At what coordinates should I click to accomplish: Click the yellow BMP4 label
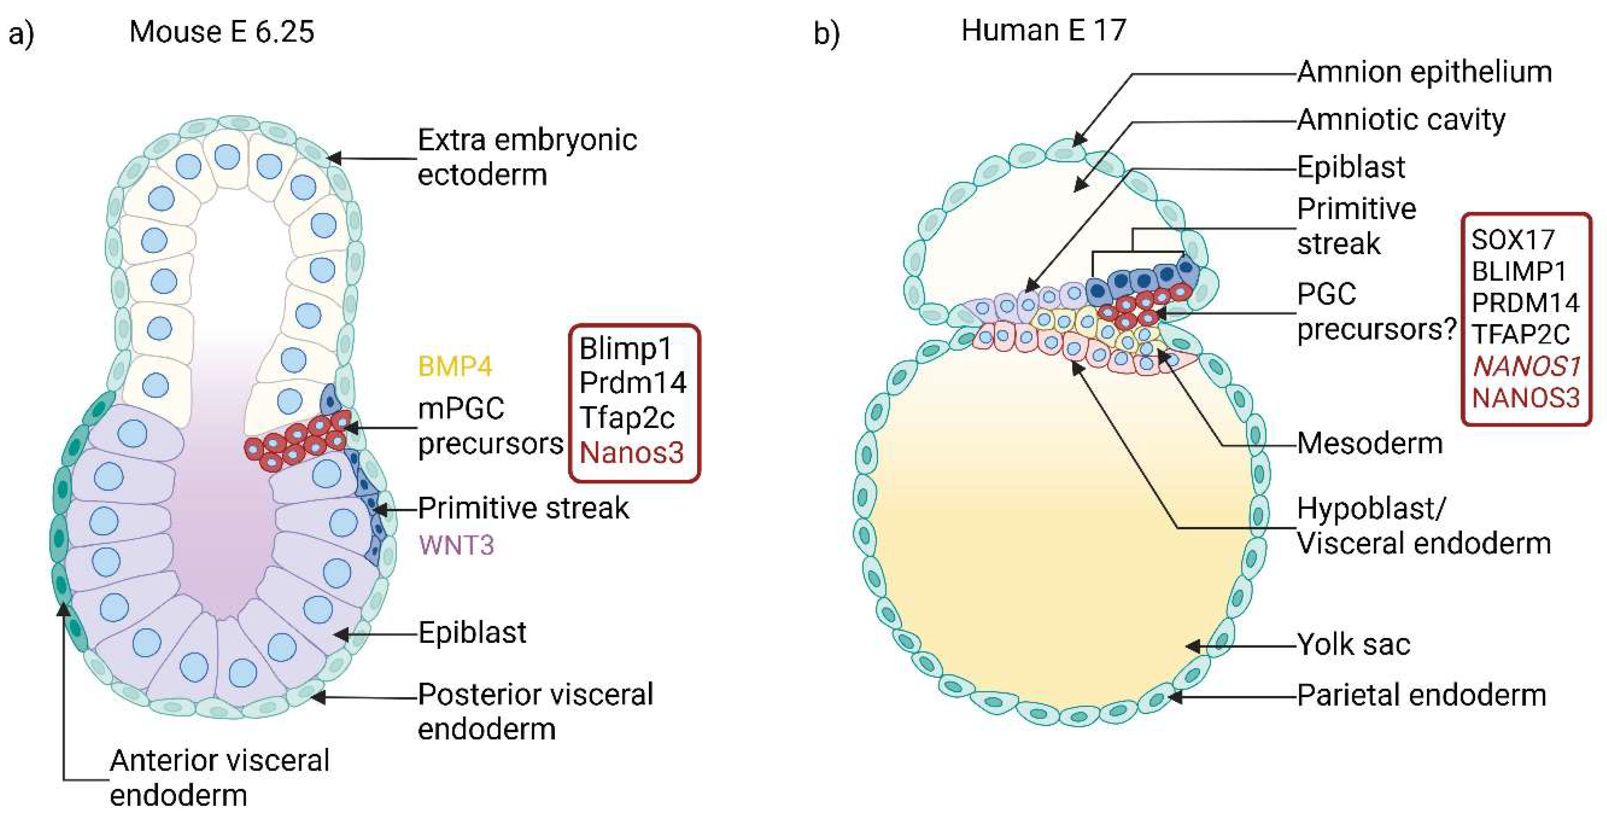click(455, 366)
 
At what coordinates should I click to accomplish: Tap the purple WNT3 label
click(456, 546)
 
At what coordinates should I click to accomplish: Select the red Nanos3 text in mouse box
click(631, 453)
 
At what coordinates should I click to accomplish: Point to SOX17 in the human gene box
click(1512, 240)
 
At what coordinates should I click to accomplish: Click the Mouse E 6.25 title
click(222, 31)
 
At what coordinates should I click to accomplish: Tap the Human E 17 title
click(1043, 30)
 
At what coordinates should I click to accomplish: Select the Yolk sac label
click(1353, 644)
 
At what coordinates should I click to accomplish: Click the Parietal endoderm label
click(1422, 695)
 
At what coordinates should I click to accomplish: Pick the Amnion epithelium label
click(1424, 72)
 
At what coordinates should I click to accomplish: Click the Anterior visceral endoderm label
click(219, 778)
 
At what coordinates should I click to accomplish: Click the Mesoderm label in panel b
click(1370, 444)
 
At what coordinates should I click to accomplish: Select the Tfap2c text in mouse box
click(626, 417)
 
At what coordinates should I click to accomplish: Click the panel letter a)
click(21, 34)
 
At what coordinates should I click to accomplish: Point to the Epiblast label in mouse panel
click(472, 632)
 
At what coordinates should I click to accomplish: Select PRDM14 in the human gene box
click(1525, 303)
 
